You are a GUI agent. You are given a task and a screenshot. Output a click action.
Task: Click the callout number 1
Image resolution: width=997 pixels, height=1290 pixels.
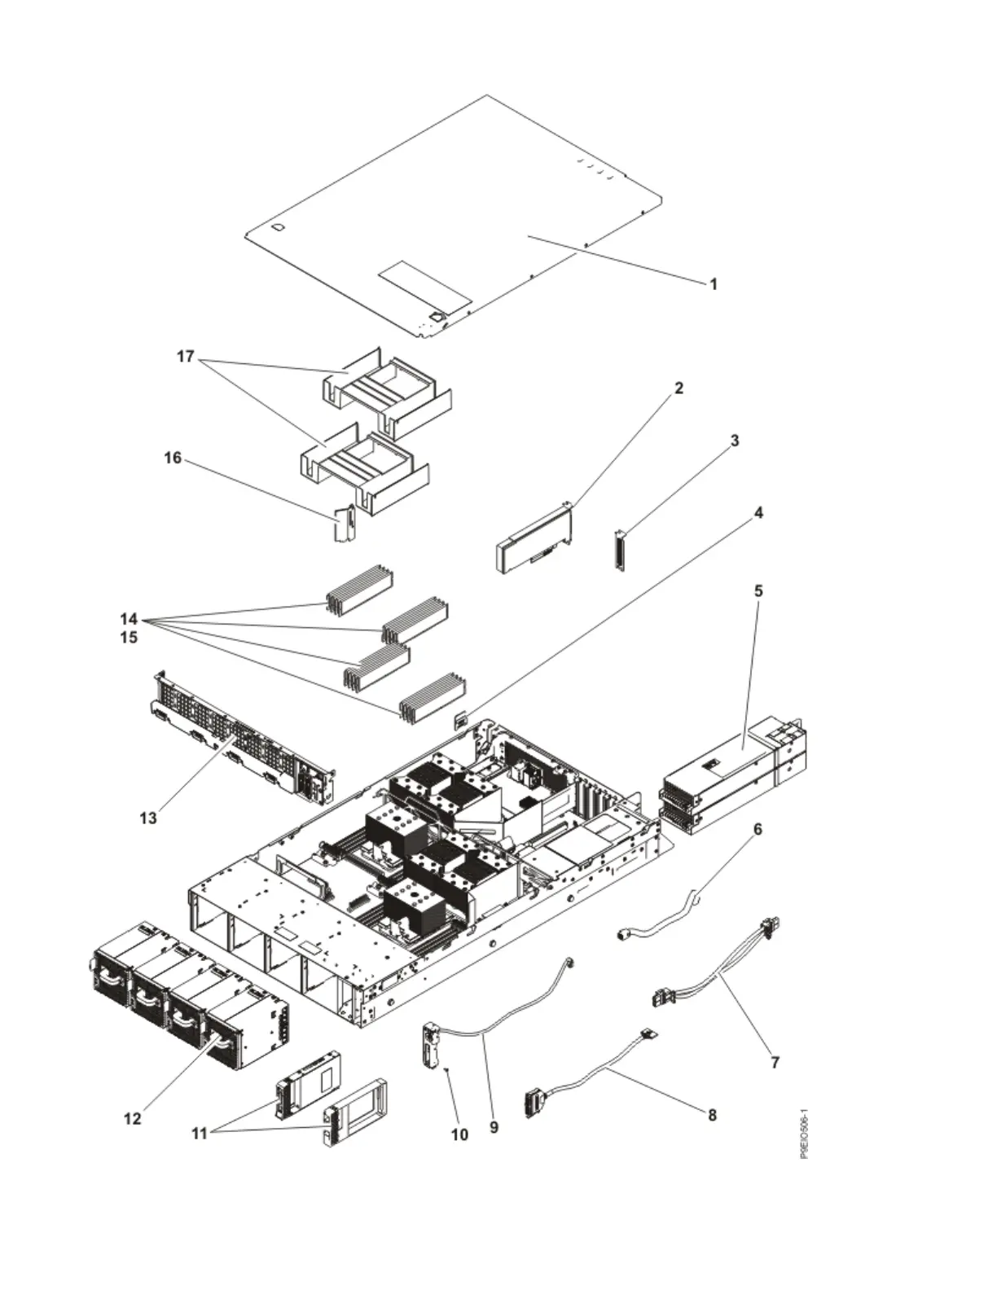(x=714, y=284)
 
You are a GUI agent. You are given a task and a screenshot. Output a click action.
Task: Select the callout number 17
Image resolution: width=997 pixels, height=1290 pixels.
(x=187, y=356)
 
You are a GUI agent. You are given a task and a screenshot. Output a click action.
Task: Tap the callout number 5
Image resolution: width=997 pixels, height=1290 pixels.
(x=758, y=590)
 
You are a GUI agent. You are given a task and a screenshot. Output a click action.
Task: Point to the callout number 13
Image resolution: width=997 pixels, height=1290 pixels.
(x=147, y=818)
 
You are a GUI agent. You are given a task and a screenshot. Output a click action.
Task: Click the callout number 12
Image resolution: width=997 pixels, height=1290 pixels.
(x=132, y=1118)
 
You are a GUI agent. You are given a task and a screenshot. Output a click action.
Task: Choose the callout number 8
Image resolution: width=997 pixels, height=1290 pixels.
(x=712, y=1115)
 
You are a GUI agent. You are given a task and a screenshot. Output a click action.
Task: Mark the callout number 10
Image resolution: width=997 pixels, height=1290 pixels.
(x=459, y=1134)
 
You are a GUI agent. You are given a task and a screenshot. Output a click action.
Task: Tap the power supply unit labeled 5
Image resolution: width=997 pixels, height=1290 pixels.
(x=733, y=774)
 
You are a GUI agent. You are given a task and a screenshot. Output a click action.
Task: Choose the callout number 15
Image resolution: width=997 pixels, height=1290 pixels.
(x=129, y=637)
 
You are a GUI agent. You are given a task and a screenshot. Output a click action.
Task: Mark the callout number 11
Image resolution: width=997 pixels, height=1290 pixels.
(x=200, y=1132)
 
